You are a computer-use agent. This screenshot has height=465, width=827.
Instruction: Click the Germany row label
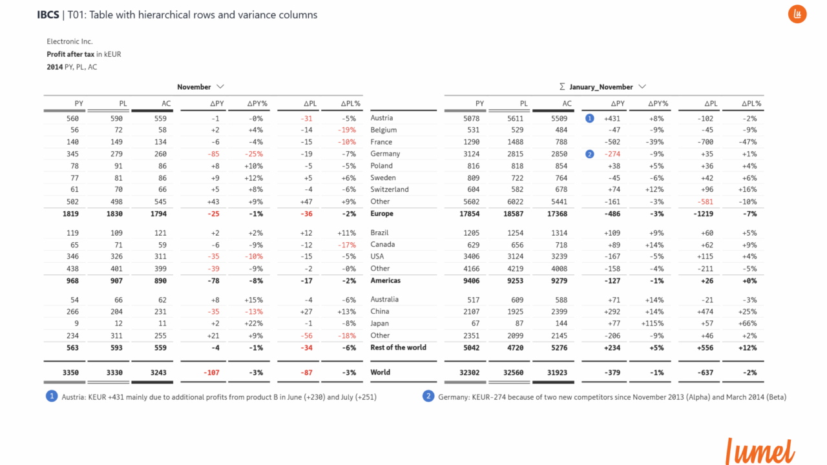[385, 154]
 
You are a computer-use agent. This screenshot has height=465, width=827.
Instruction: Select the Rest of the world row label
[398, 347]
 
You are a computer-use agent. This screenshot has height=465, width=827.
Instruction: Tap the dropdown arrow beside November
[220, 87]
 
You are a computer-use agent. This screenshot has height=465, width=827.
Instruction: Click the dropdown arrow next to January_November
[642, 87]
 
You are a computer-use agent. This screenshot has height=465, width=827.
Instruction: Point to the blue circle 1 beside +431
[589, 118]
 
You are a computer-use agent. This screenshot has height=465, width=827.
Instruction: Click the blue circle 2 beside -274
[589, 154]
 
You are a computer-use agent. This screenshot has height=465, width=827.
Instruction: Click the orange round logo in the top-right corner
[797, 14]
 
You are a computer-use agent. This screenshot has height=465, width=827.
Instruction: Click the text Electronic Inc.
[70, 41]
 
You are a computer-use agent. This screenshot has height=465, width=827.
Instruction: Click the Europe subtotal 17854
[470, 214]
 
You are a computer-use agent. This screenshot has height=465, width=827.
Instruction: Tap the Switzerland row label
[390, 189]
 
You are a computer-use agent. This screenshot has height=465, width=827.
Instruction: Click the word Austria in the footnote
[74, 397]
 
